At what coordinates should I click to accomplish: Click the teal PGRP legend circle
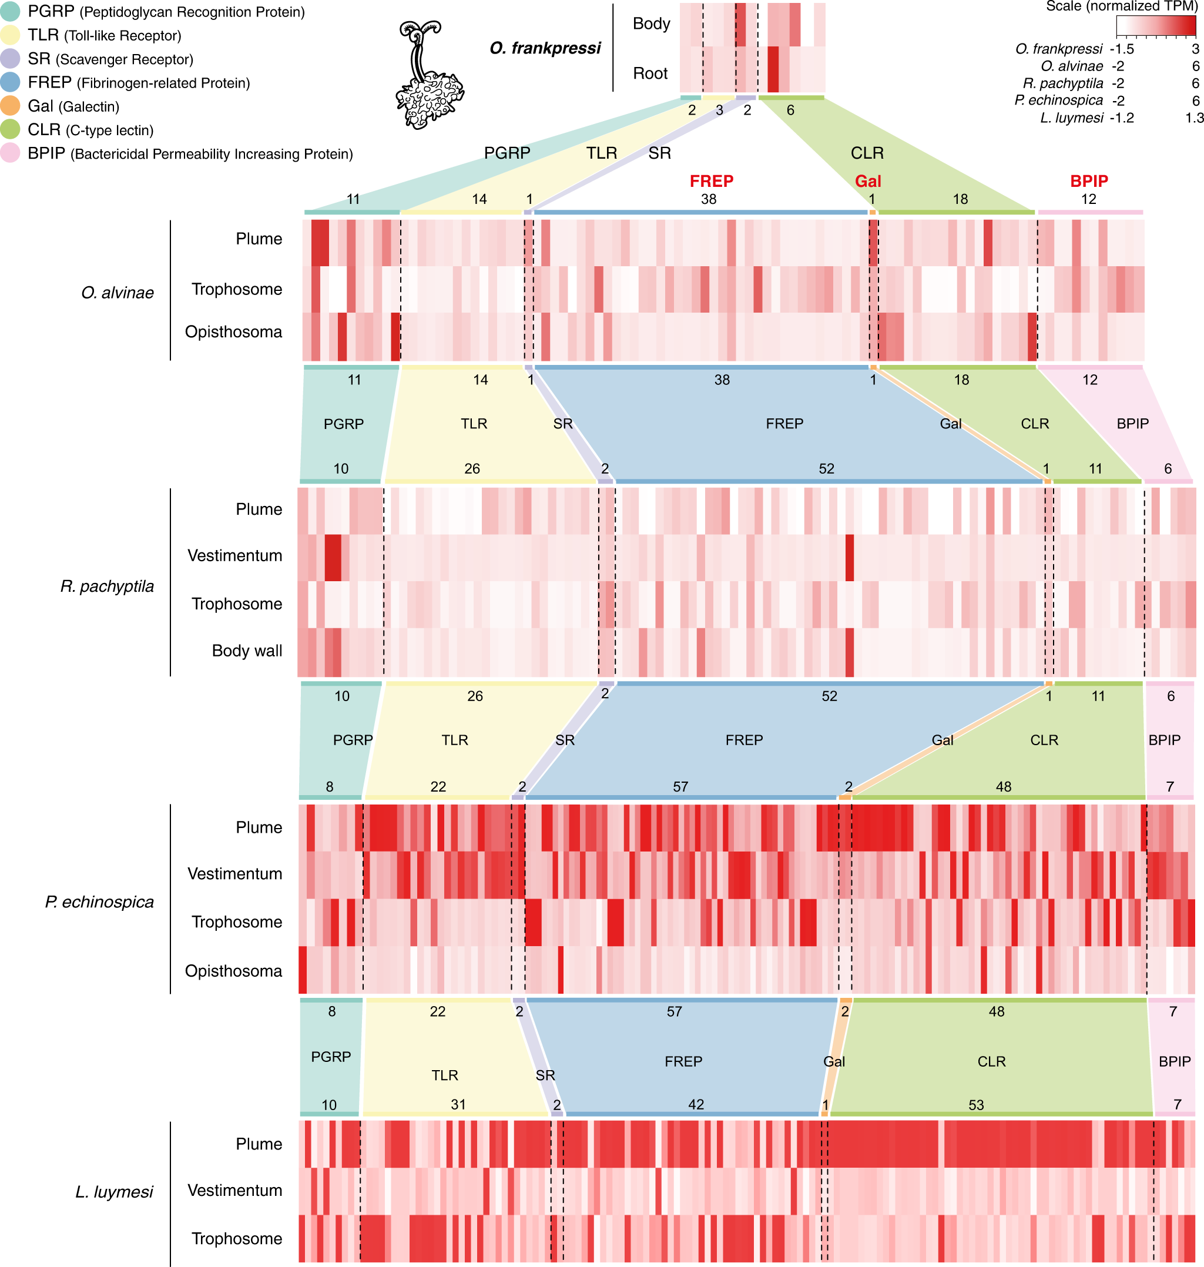coord(9,12)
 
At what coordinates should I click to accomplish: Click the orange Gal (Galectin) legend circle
coord(9,106)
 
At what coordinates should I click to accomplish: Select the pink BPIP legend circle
coord(9,153)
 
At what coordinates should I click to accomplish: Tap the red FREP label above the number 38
coord(711,182)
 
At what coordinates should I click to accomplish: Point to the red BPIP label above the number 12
coord(1088,182)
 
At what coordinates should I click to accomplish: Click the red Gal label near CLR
coord(868,182)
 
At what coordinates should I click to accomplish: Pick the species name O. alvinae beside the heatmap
coord(118,293)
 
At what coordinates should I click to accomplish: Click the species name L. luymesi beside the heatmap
coord(114,1192)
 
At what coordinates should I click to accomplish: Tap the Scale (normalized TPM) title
coord(1121,6)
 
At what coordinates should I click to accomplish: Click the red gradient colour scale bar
coord(1156,26)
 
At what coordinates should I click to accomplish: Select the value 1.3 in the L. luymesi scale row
coord(1194,118)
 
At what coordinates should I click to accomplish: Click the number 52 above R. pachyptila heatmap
coord(826,469)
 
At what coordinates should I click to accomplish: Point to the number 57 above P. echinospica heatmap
coord(680,787)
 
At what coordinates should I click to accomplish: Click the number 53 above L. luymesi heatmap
coord(975,1105)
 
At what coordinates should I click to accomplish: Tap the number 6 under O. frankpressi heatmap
coord(790,110)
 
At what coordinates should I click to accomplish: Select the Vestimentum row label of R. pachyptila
coord(234,556)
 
